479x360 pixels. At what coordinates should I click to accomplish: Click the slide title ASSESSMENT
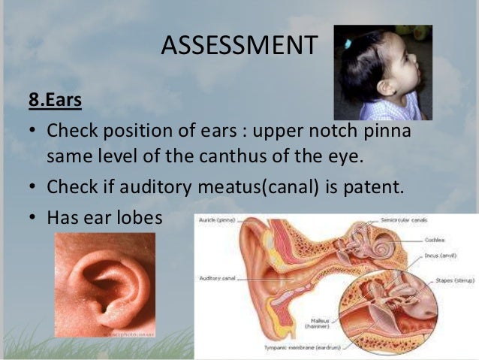tap(239, 47)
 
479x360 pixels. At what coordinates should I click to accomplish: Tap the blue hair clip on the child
tap(348, 44)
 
